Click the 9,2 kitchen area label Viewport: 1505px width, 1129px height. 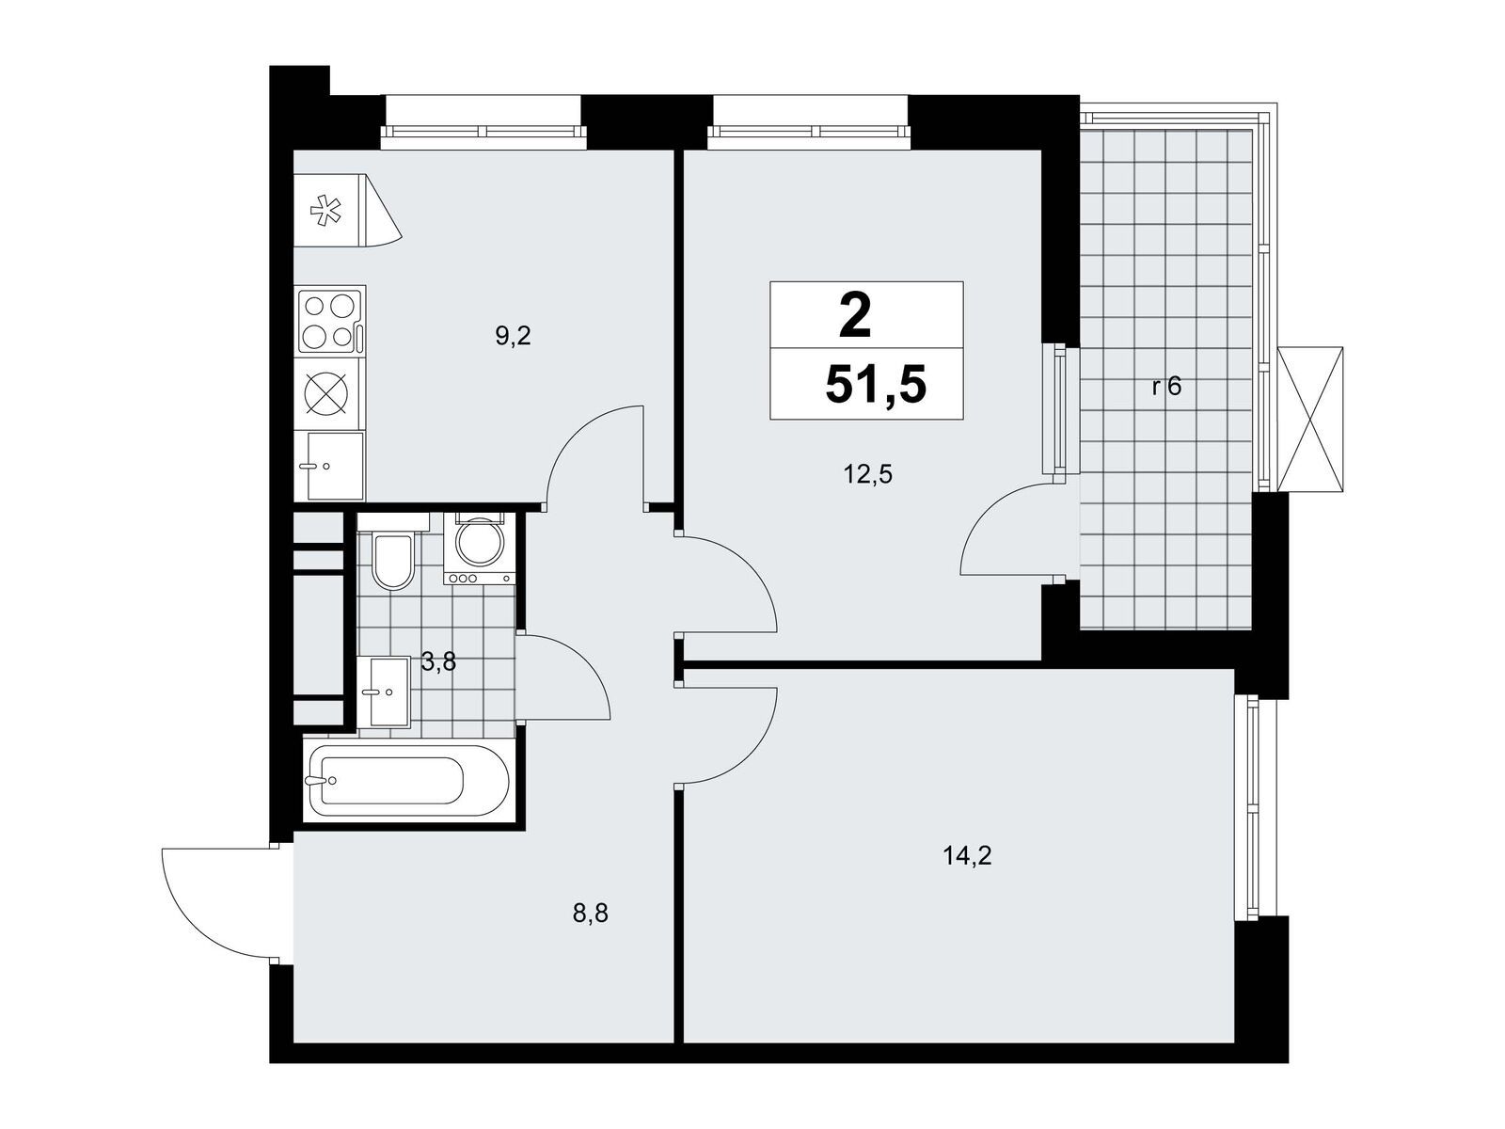coord(514,337)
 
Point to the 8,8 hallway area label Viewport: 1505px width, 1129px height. coord(591,913)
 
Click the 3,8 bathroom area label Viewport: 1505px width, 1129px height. coord(438,663)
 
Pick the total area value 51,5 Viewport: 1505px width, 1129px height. coord(876,386)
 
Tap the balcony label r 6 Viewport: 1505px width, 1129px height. coord(1166,387)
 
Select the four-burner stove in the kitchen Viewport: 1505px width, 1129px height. coord(331,321)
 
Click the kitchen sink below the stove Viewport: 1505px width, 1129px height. coord(331,466)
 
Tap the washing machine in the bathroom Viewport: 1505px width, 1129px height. coord(479,549)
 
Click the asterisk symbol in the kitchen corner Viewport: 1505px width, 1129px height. coord(327,211)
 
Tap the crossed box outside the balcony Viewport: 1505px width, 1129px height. coord(1310,419)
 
